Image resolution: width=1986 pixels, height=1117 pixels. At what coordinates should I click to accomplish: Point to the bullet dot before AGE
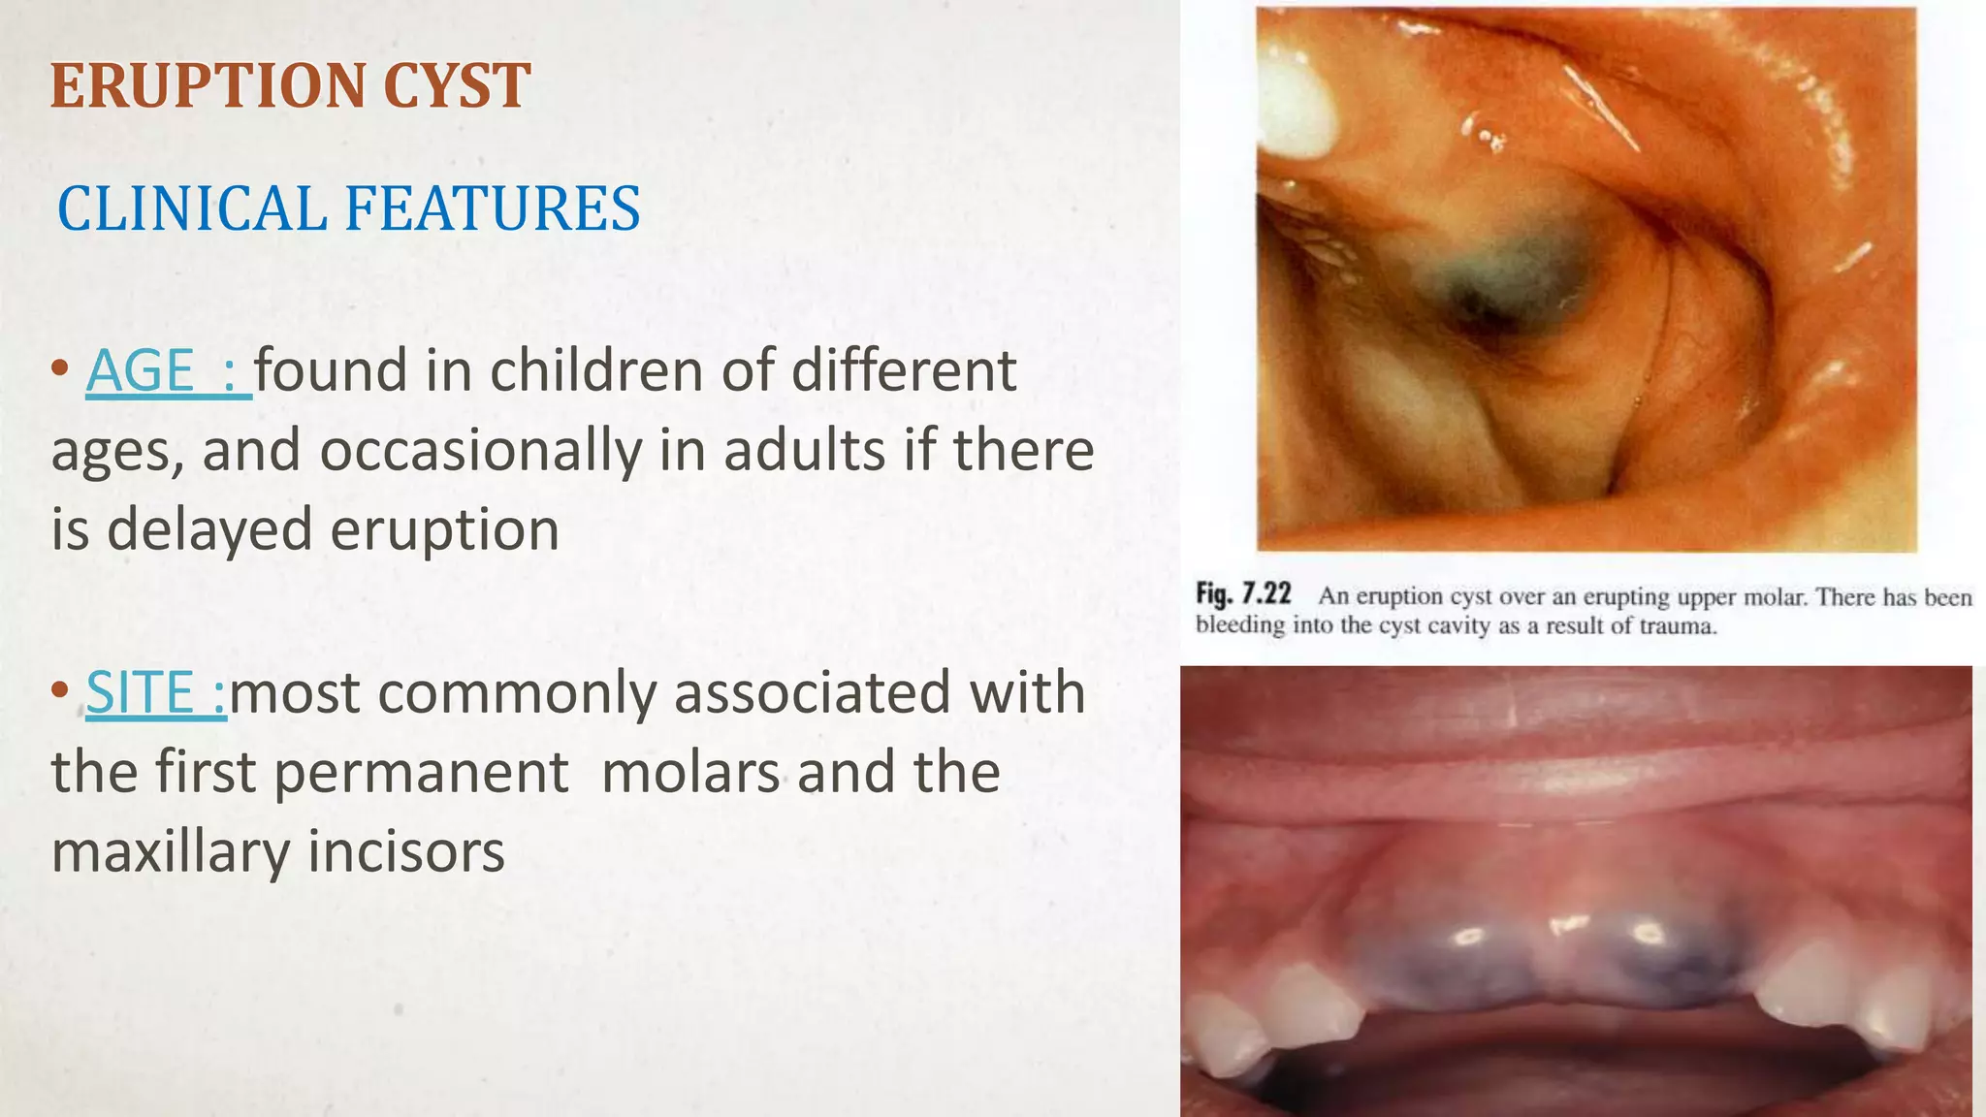coord(60,368)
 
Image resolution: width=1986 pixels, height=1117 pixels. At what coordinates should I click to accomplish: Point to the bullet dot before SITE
coord(60,690)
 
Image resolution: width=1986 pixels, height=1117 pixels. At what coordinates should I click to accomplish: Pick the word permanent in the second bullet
coord(421,772)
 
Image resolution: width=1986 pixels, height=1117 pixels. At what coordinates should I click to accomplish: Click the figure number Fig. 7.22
coord(1243,593)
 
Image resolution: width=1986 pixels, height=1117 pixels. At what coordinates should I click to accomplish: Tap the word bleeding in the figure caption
coord(1236,625)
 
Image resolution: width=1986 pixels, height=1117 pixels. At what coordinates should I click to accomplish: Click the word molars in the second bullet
coord(690,772)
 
